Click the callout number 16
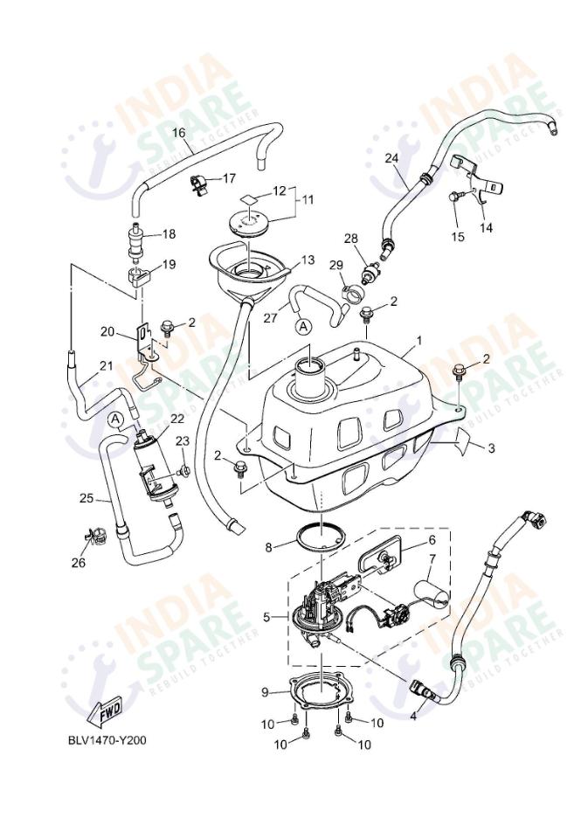pyautogui.click(x=178, y=133)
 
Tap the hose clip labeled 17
pyautogui.click(x=199, y=184)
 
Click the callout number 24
pyautogui.click(x=391, y=158)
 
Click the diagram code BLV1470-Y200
pyautogui.click(x=107, y=740)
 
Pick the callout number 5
pyautogui.click(x=266, y=617)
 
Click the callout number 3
pyautogui.click(x=491, y=447)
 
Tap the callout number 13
pyautogui.click(x=308, y=260)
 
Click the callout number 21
pyautogui.click(x=106, y=365)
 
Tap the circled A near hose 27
pyautogui.click(x=303, y=326)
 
